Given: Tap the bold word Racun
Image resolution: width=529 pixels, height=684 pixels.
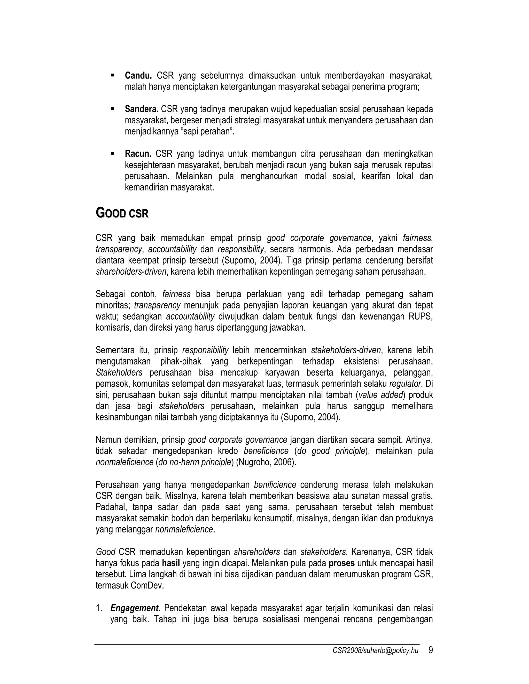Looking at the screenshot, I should click(x=138, y=154).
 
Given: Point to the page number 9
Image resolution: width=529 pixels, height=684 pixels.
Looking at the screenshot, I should click(x=430, y=650).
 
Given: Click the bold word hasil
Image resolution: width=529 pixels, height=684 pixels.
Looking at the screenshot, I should click(x=171, y=563).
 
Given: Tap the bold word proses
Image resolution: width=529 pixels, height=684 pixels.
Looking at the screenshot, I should click(x=341, y=563).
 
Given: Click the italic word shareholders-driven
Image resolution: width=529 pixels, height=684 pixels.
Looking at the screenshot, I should click(x=131, y=272).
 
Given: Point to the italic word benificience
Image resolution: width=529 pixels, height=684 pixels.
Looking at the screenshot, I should click(x=275, y=485).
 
